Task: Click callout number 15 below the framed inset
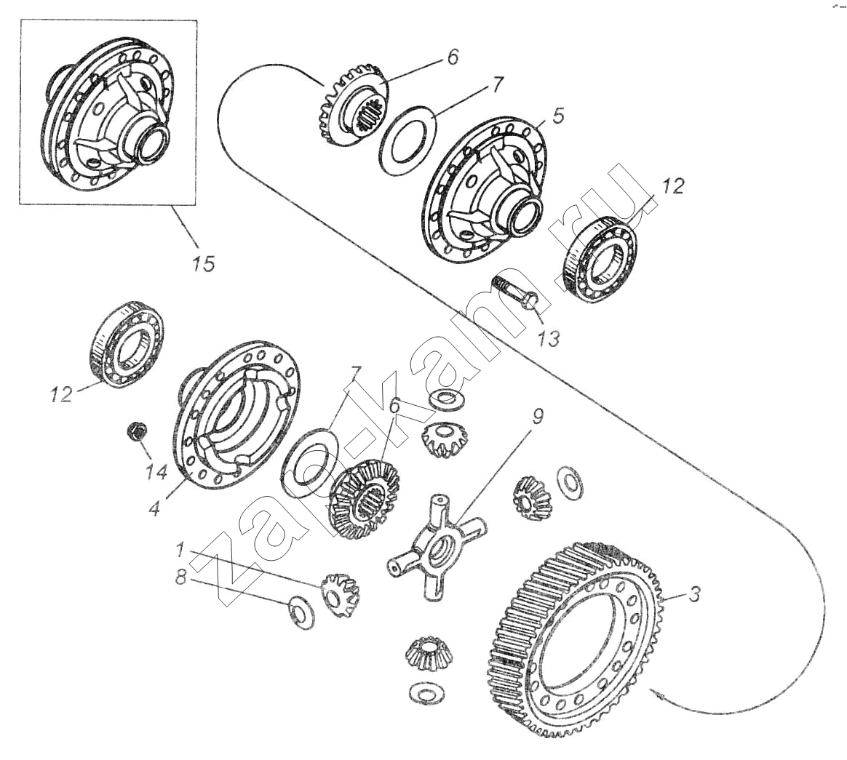point(204,263)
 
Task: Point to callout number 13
point(550,337)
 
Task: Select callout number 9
point(537,417)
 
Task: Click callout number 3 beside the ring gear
point(694,594)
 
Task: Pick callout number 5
point(558,116)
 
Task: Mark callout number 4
point(154,508)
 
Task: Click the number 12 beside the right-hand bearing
point(673,187)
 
